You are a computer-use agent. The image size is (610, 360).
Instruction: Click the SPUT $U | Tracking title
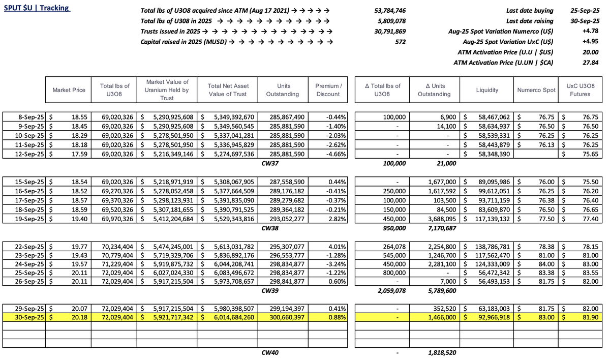pyautogui.click(x=37, y=8)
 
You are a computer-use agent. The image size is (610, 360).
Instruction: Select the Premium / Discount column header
pyautogui.click(x=328, y=90)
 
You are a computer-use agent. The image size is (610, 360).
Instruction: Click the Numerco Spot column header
pyautogui.click(x=536, y=90)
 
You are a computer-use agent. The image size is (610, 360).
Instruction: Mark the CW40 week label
pyautogui.click(x=269, y=352)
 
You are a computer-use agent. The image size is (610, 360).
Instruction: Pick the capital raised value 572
pyautogui.click(x=400, y=42)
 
